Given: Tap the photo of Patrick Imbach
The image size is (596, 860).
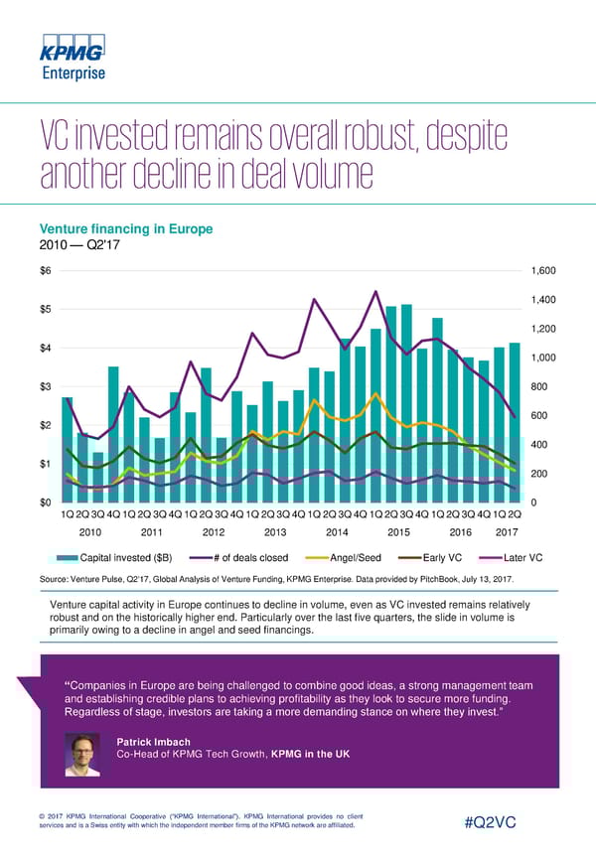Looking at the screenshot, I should [84, 755].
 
